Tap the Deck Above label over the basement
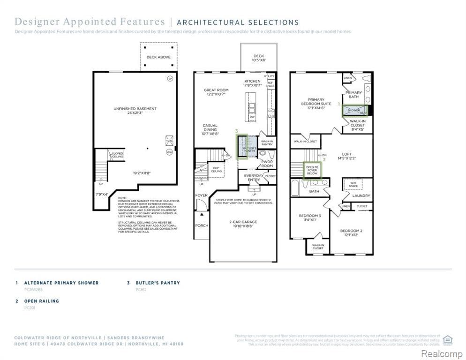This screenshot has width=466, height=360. [x=158, y=57]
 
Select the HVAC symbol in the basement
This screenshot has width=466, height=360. [x=169, y=141]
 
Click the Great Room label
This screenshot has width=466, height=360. [x=216, y=92]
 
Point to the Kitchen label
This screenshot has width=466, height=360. [x=252, y=83]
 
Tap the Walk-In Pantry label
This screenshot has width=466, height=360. [x=267, y=142]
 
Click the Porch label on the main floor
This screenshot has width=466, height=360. [x=201, y=225]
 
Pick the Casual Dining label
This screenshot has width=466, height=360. [x=210, y=128]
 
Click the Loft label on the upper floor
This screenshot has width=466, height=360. [x=346, y=156]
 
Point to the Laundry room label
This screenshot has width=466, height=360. [x=361, y=195]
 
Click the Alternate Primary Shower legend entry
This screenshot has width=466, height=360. [x=61, y=283]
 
